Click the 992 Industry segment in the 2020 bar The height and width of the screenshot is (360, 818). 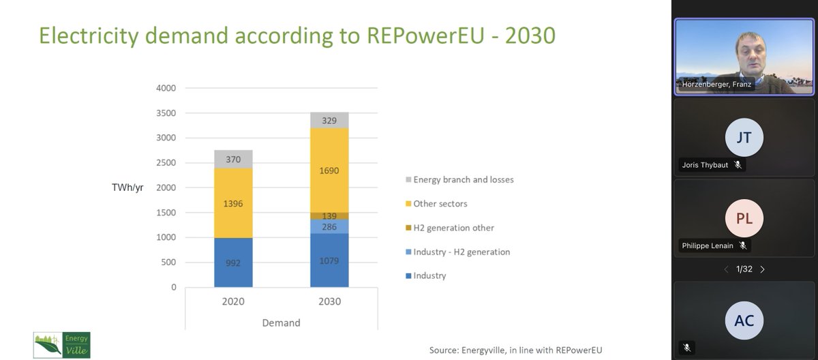coord(233,262)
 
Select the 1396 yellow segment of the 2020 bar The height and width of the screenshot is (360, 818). coord(233,203)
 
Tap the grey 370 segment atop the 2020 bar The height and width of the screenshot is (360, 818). coord(233,160)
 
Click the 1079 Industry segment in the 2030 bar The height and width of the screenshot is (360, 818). coord(329,260)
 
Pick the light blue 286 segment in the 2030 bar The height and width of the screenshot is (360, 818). coord(329,226)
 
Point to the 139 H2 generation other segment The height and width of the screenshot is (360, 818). coord(329,215)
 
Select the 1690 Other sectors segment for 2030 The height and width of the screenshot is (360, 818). coord(329,170)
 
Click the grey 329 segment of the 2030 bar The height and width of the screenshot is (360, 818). coord(329,120)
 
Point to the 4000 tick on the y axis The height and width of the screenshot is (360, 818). coord(166,88)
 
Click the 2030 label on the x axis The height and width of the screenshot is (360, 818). coord(329,301)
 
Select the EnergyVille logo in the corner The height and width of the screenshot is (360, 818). coord(62,345)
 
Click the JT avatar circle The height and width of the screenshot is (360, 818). coord(744,138)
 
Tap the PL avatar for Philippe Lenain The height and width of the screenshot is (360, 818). coord(744,219)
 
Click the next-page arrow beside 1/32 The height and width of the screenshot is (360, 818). coord(762,269)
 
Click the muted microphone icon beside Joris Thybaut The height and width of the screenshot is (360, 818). coord(737,165)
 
